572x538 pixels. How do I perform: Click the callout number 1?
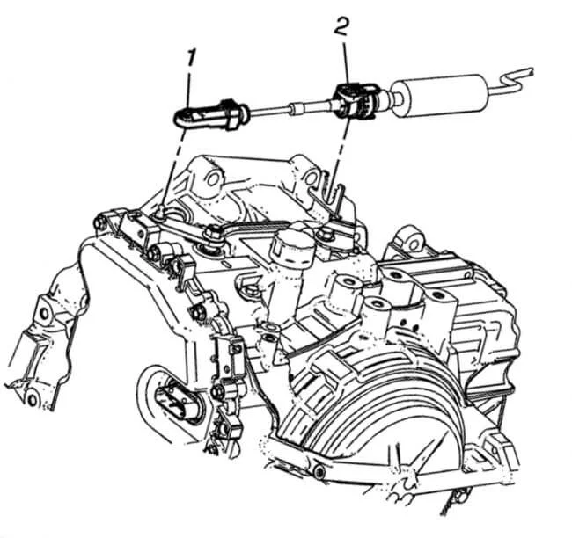[190, 62]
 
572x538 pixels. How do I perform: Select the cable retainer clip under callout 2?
[353, 100]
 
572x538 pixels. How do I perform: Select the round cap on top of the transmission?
[292, 248]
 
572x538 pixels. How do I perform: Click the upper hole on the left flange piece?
[44, 313]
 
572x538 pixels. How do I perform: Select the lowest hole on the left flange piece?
[33, 400]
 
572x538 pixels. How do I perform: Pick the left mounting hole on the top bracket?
[212, 180]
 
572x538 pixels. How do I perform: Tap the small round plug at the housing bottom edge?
[319, 472]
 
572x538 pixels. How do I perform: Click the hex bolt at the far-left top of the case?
[100, 222]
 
